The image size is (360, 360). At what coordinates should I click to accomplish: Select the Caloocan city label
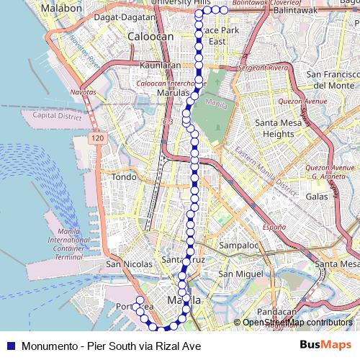click(x=146, y=35)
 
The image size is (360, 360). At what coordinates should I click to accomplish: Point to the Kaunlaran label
click(x=161, y=65)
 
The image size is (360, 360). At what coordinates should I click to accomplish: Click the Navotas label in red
click(x=82, y=93)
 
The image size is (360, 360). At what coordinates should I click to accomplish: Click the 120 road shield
click(x=97, y=136)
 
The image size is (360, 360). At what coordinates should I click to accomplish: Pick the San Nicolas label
click(x=125, y=264)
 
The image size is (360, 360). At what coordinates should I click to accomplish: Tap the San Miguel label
click(x=238, y=274)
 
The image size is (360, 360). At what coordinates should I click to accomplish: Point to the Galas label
click(x=317, y=196)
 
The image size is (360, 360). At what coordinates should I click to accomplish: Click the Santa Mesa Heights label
click(x=274, y=128)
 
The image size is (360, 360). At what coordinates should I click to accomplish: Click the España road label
click(x=274, y=227)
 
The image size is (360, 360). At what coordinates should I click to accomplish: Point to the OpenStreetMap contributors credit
click(x=296, y=323)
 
